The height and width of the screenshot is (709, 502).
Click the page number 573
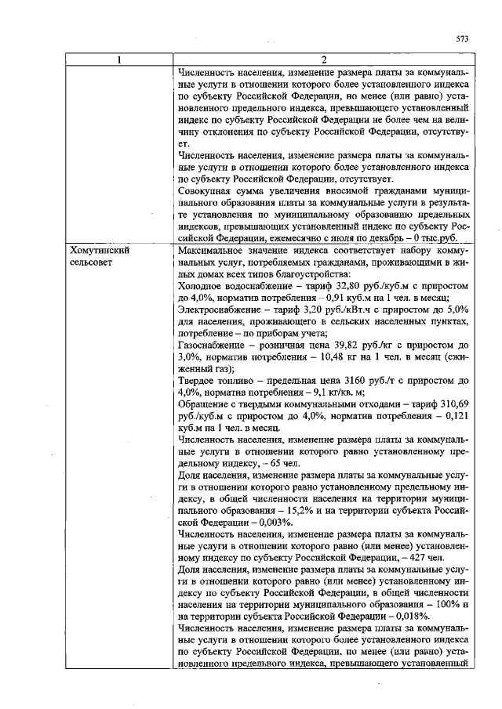462,40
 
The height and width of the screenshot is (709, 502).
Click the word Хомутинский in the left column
100,249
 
